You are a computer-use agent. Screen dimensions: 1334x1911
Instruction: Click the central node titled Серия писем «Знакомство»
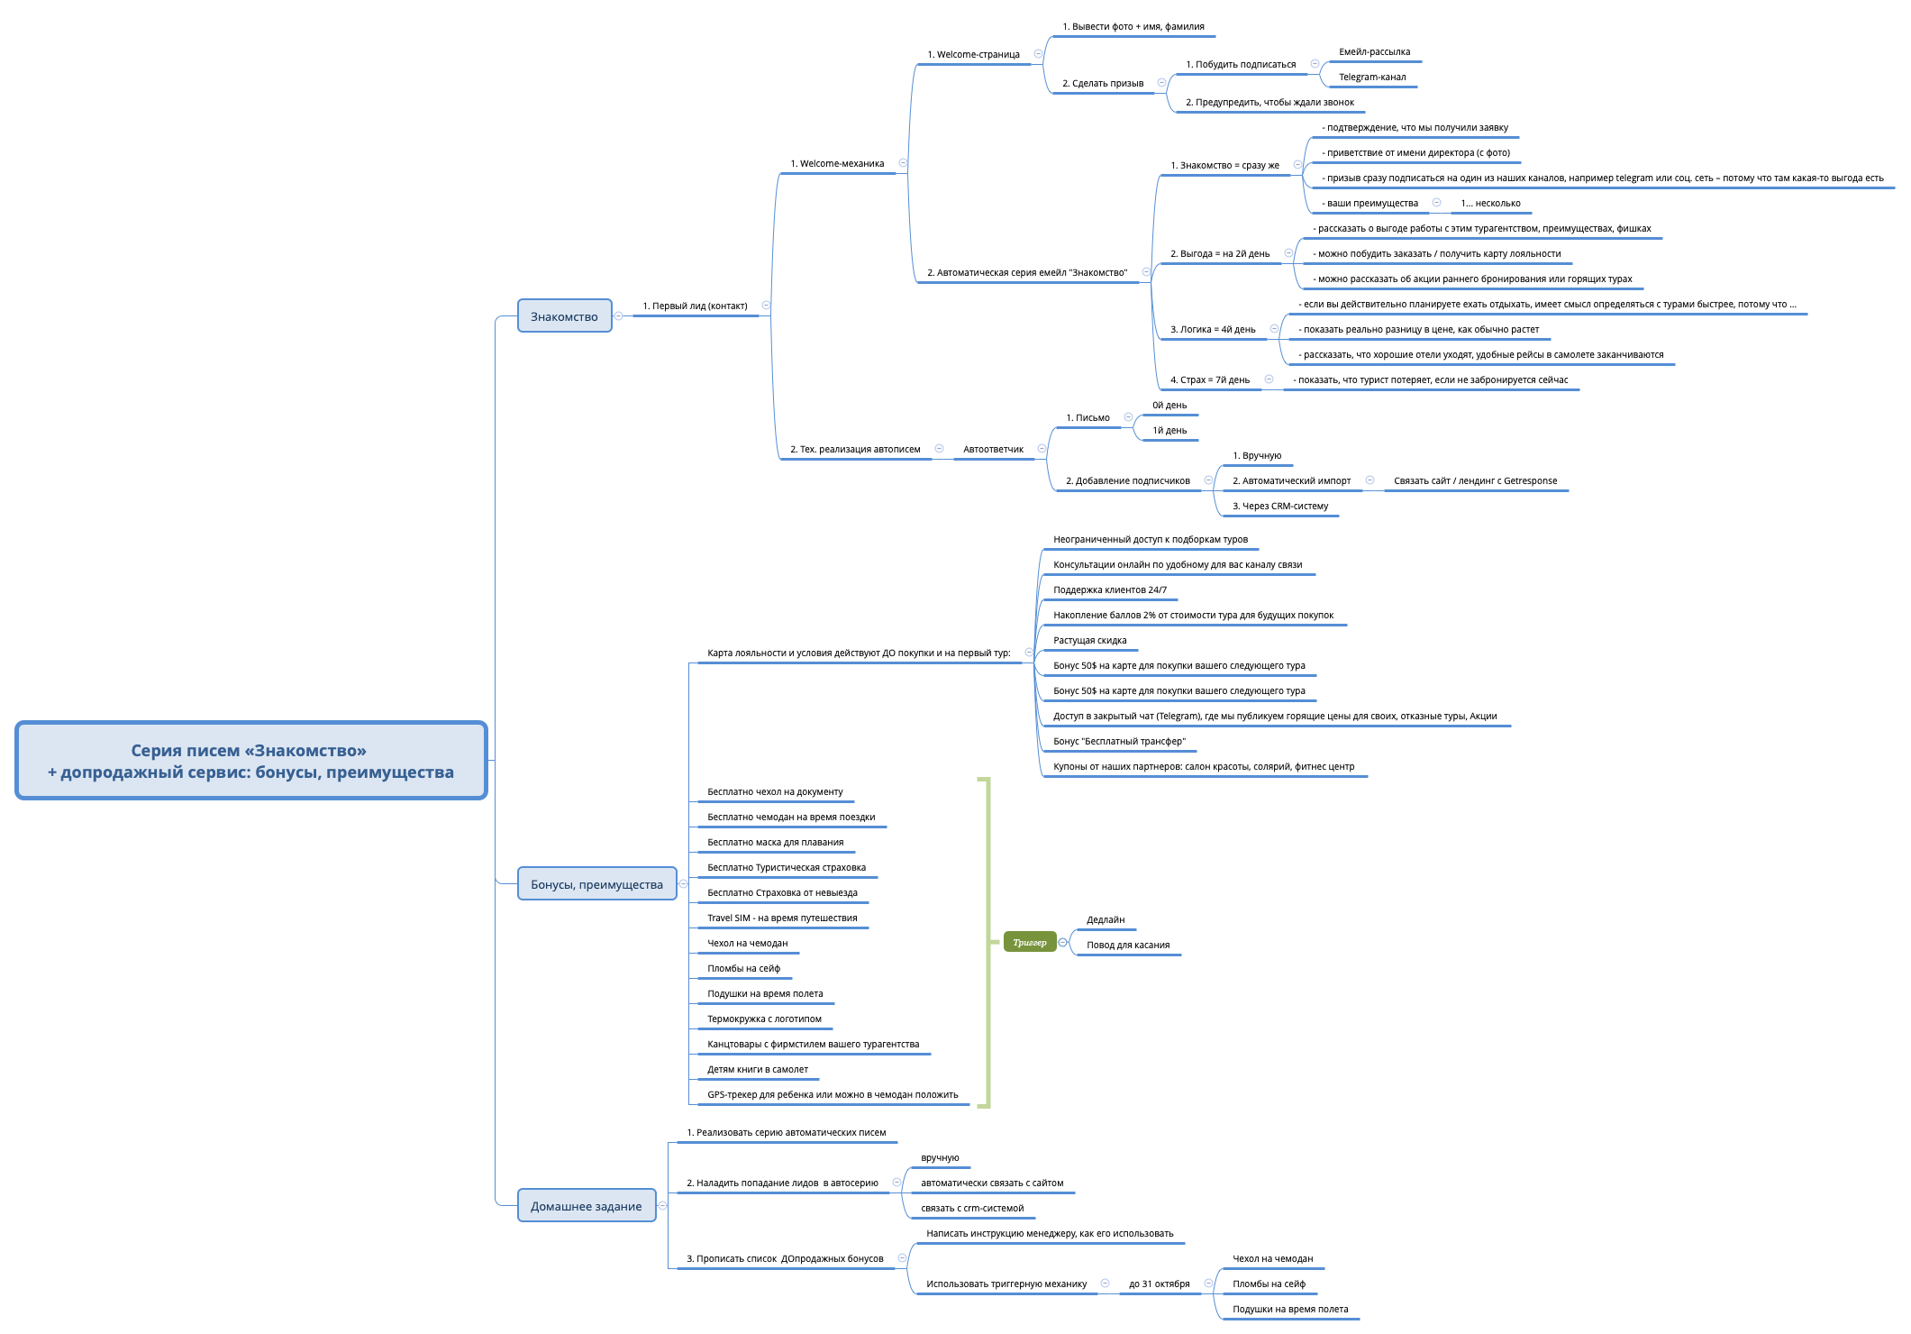pos(250,761)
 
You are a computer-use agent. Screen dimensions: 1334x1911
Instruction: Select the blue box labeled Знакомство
pos(564,316)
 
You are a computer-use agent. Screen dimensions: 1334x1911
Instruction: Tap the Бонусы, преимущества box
pos(596,884)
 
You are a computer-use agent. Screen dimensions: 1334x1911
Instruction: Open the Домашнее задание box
pos(586,1206)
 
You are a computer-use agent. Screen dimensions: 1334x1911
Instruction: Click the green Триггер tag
pos(1029,943)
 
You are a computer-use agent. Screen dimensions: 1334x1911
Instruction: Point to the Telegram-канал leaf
pos(1371,78)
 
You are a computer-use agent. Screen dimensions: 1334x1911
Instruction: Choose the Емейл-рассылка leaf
pos(1374,52)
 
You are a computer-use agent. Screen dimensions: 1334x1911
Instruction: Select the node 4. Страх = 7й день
pos(1209,380)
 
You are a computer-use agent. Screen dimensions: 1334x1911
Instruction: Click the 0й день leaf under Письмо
pos(1169,406)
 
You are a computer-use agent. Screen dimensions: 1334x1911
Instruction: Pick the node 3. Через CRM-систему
pos(1279,507)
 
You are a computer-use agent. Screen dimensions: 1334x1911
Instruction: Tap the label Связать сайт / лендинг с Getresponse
pos(1475,481)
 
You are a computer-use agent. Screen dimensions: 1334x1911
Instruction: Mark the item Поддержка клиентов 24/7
pos(1109,590)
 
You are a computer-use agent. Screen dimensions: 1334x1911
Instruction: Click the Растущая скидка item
pos(1089,641)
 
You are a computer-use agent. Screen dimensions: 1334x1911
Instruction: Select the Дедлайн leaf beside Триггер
pos(1106,920)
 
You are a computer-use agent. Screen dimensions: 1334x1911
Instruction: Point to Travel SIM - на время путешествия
pos(782,918)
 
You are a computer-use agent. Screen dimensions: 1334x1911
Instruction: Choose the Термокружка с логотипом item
pos(764,1019)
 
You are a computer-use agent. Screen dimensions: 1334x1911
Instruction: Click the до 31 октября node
pos(1159,1284)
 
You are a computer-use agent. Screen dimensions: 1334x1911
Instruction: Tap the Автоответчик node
pos(993,450)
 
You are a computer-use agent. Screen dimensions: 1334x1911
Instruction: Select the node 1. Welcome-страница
pos(973,55)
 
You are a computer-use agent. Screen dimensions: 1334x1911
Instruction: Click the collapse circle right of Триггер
pos(1063,943)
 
